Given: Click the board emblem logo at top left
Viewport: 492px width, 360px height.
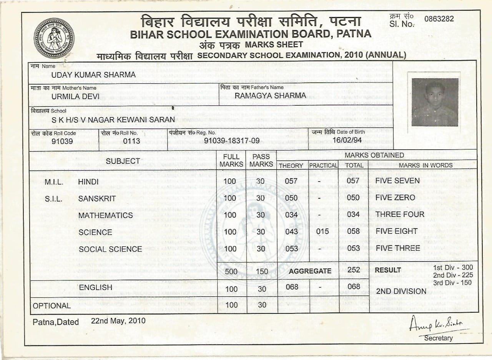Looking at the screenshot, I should [54, 38].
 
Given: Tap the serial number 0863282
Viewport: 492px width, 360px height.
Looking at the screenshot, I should [439, 19].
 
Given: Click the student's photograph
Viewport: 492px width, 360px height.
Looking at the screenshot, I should [435, 102].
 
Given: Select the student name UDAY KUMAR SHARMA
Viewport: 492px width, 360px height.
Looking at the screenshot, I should [93, 75].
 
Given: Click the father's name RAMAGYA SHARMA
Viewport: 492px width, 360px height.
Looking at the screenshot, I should [270, 95].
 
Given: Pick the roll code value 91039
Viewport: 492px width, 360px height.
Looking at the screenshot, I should [62, 141].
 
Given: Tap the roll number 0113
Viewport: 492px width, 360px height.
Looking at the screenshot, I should [131, 141].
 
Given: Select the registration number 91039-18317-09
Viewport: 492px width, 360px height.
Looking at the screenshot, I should [232, 141].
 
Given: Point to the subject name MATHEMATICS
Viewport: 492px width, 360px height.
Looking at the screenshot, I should [105, 215].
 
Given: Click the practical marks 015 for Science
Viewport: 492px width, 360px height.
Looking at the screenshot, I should [322, 232].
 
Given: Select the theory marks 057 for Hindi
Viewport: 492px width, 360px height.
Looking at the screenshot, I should [291, 181].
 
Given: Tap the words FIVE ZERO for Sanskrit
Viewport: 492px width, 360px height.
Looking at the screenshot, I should [395, 198].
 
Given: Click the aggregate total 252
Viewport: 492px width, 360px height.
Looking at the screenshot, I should [353, 270].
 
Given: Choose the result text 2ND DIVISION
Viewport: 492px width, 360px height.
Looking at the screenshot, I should [401, 291].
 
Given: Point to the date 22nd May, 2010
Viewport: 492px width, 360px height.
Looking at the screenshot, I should [118, 320].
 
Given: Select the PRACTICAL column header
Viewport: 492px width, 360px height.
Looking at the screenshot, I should [323, 165].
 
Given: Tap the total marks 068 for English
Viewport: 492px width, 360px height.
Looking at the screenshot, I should [353, 287].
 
